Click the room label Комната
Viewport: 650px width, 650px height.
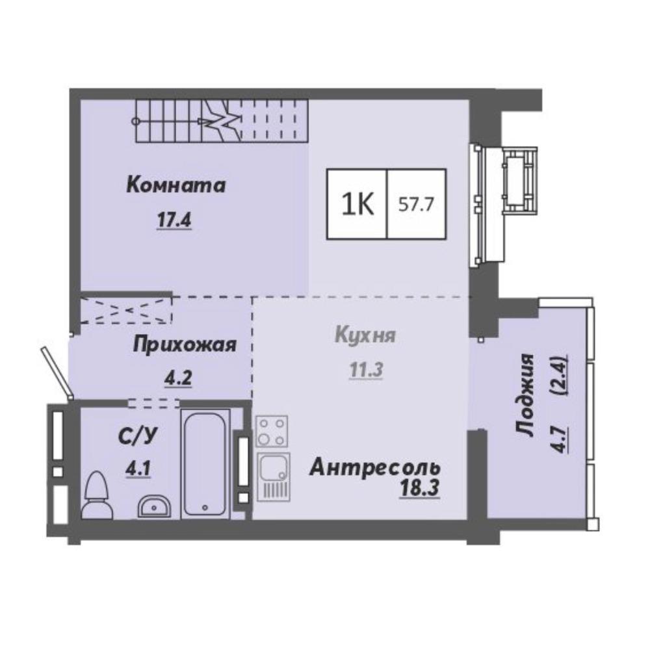click(x=175, y=185)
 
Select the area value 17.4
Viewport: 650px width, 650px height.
click(x=174, y=219)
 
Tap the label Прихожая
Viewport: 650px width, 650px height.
click(x=185, y=345)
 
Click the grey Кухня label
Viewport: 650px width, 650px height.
click(x=365, y=335)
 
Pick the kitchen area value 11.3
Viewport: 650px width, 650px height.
click(x=365, y=370)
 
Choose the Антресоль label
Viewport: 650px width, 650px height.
click(x=375, y=468)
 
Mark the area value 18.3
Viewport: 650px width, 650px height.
click(x=419, y=488)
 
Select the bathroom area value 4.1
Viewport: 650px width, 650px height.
click(x=138, y=469)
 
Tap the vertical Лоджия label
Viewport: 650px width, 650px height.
click(x=526, y=395)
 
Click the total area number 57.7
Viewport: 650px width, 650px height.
click(x=416, y=204)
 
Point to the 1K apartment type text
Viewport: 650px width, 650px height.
click(x=357, y=204)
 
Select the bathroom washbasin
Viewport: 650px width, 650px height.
click(x=154, y=506)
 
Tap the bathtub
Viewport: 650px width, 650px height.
click(x=205, y=463)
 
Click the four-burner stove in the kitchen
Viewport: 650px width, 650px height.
click(x=272, y=431)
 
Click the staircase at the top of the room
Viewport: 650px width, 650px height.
click(x=222, y=122)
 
